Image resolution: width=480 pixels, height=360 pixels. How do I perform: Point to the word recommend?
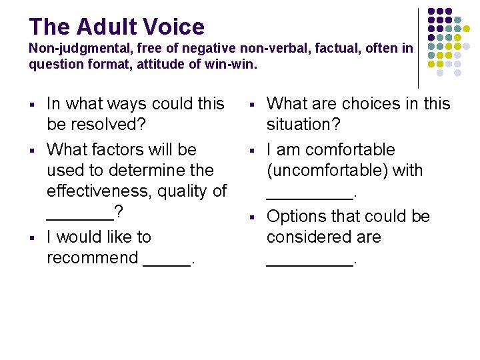[x=93, y=258]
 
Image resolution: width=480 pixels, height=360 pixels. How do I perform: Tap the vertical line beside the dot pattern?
[x=419, y=47]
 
